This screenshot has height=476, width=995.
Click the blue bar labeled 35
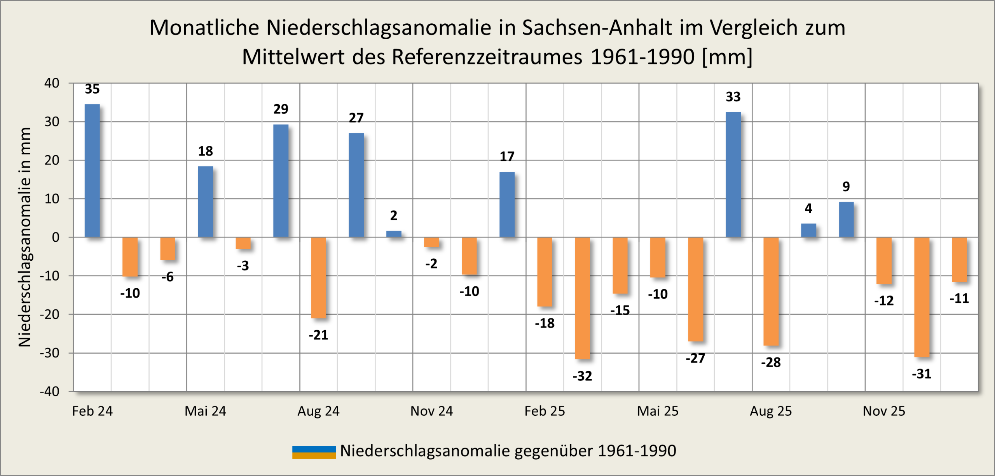coord(92,171)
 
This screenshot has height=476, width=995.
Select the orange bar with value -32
coord(582,298)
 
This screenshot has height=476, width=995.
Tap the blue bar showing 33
coord(733,174)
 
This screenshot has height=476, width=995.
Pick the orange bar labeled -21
coord(318,278)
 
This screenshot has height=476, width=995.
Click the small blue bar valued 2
coord(394,234)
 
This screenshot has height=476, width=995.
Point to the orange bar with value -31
coord(922,297)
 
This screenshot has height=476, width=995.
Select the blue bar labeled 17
coord(507,204)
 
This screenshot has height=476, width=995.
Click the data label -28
coord(771,363)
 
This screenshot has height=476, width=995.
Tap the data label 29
coord(281,109)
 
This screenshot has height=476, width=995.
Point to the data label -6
coord(168,277)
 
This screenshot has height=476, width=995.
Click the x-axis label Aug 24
coord(318,411)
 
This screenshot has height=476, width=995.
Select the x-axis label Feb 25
coord(545,411)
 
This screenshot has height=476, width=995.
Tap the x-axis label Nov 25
coord(884,411)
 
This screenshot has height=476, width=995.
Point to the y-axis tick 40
coord(52,83)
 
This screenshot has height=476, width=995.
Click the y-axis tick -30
coord(50,353)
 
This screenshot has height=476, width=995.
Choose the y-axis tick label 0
coord(56,237)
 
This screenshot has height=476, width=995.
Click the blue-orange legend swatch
coord(314,452)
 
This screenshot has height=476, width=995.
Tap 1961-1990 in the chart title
coord(642,57)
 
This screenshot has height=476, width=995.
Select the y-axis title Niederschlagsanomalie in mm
coord(25,237)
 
